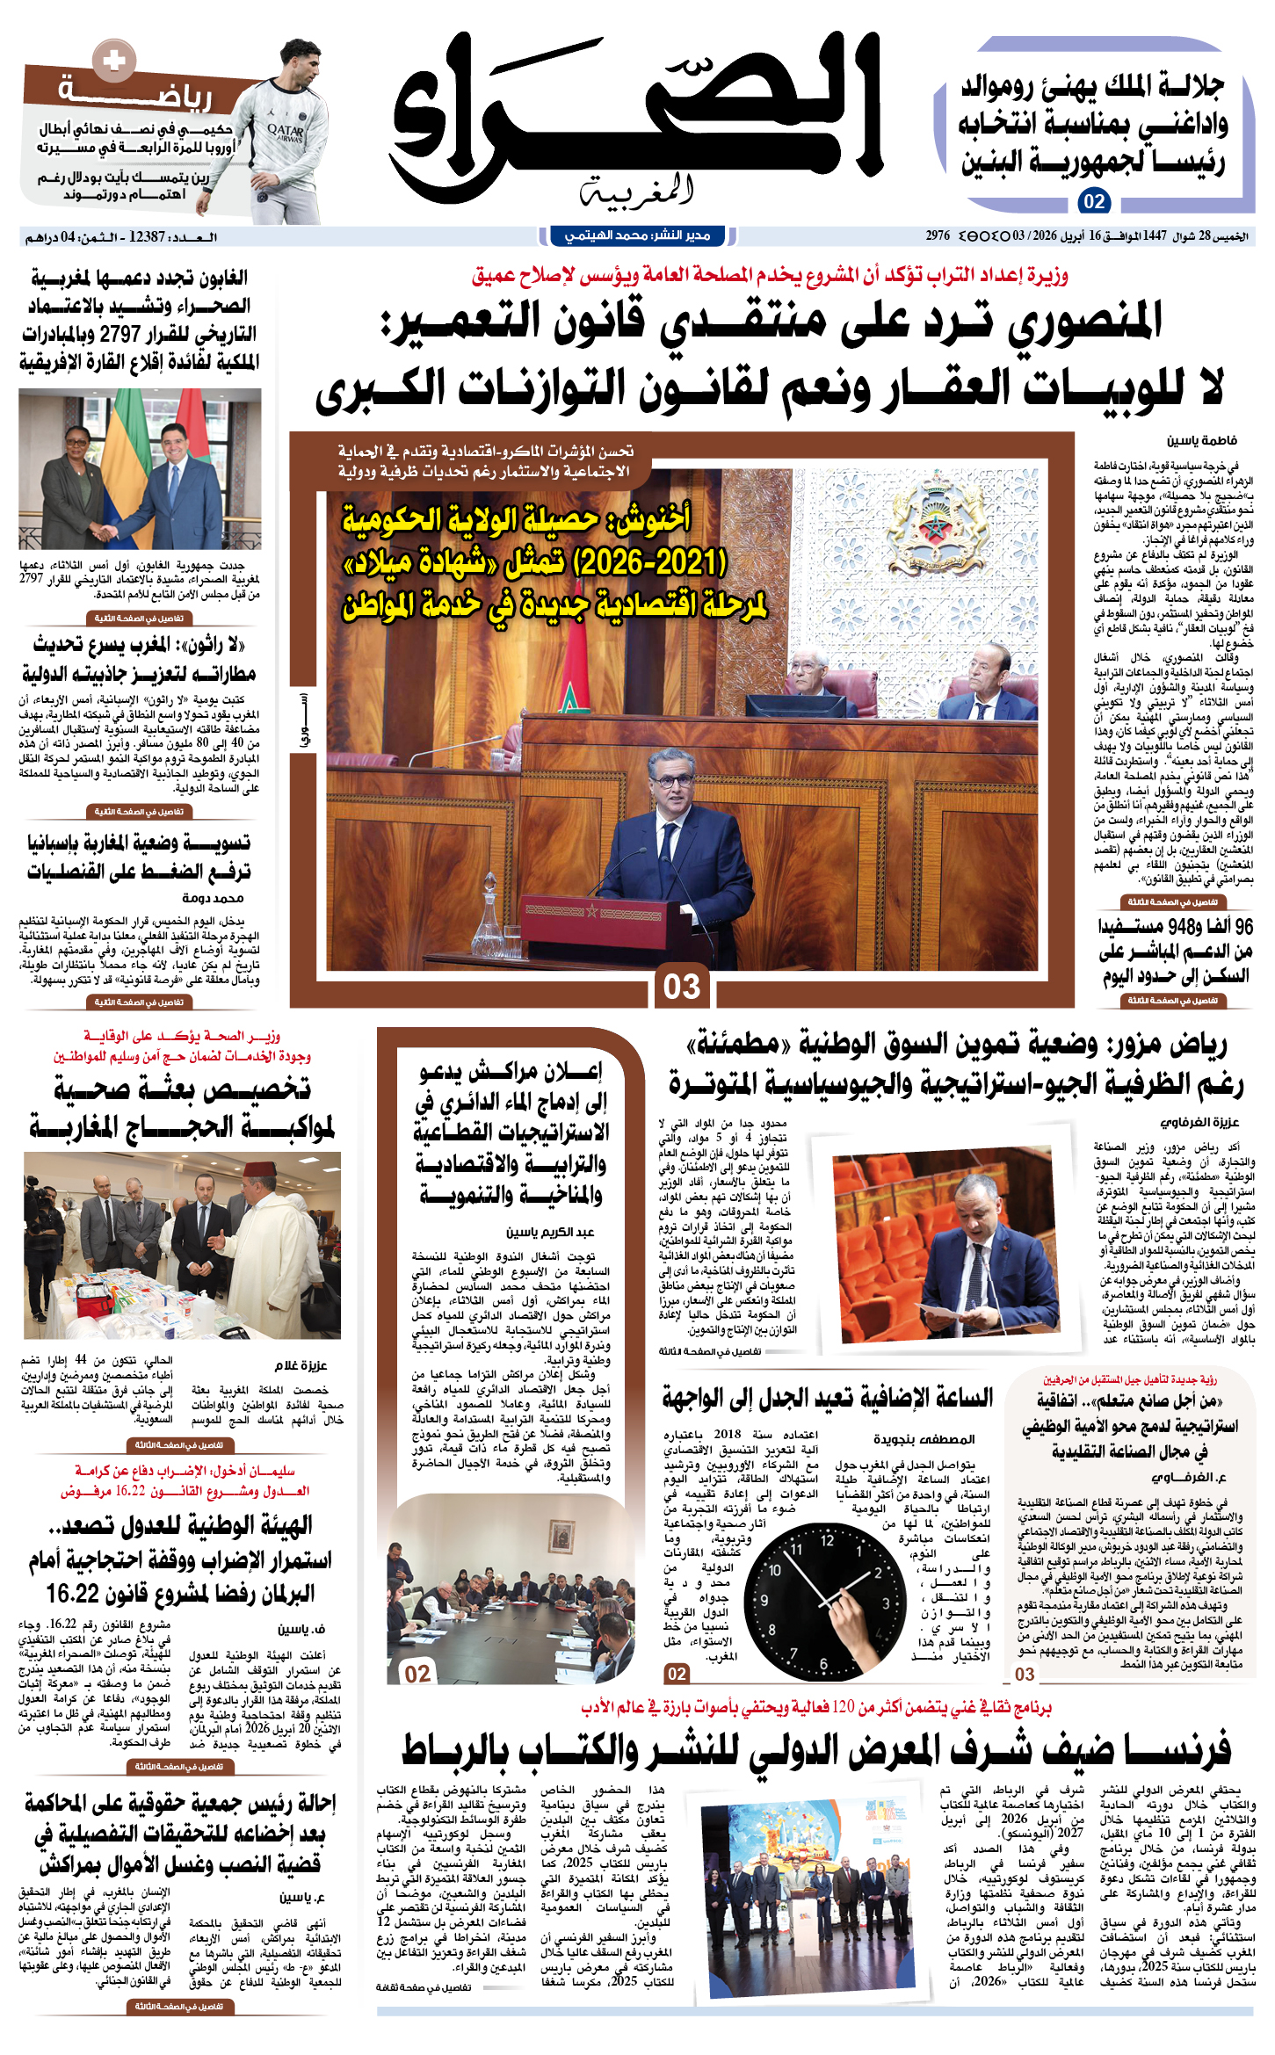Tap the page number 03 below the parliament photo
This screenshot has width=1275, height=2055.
tap(681, 986)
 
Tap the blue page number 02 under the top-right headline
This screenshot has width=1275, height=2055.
tap(1094, 201)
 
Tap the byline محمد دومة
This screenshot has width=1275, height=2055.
tap(214, 898)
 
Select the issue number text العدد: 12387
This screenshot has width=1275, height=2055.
tap(172, 236)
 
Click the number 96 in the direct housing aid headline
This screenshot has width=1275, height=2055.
tap(1242, 926)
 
